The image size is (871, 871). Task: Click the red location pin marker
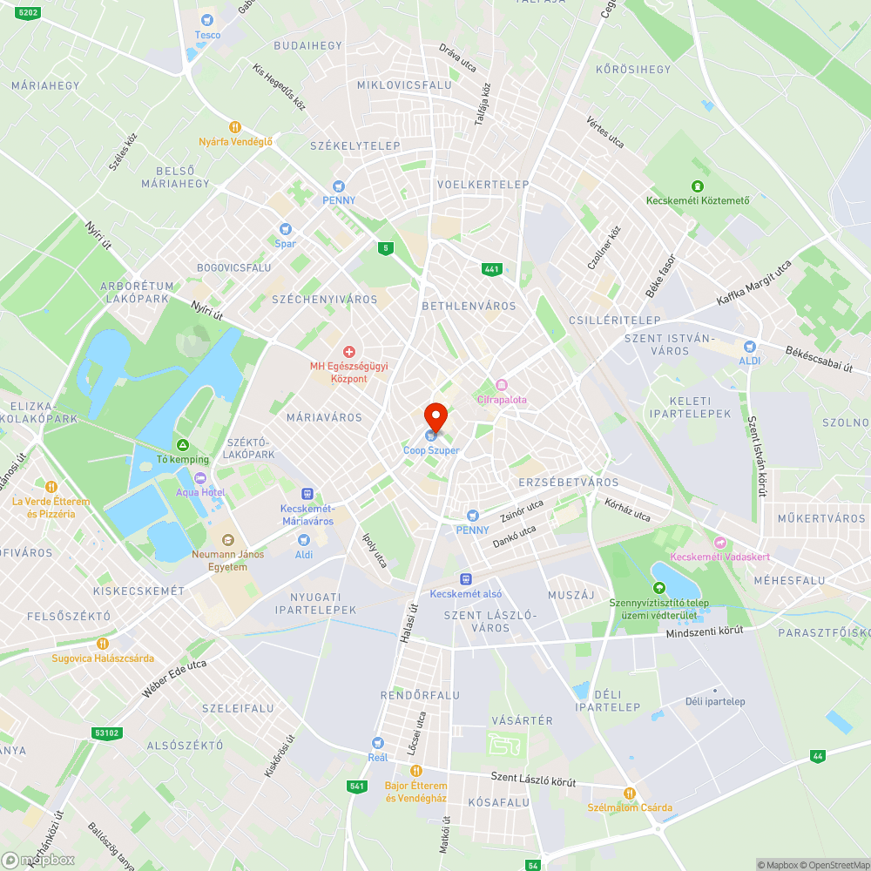tap(435, 416)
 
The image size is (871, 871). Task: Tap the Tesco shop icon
tap(207, 19)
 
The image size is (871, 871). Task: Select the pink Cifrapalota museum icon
tap(501, 385)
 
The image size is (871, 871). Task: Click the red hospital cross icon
tap(349, 352)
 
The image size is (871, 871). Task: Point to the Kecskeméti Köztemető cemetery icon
tap(697, 186)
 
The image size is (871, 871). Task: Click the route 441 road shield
tap(492, 269)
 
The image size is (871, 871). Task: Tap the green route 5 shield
tap(385, 248)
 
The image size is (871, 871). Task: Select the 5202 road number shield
tap(29, 12)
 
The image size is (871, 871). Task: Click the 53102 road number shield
tap(106, 733)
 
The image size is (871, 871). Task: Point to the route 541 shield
tap(356, 787)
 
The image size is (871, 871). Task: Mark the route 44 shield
tap(817, 756)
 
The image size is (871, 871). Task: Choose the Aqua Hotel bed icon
tap(200, 477)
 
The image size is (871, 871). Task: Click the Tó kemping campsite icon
tap(183, 445)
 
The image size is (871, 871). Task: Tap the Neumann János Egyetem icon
tap(227, 540)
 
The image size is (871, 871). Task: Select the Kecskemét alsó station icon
tap(466, 578)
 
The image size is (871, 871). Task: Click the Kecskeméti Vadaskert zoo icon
tap(719, 543)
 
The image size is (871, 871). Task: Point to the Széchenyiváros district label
tap(325, 300)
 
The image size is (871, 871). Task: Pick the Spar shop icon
tap(285, 229)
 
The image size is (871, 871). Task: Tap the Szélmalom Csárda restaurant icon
tap(629, 793)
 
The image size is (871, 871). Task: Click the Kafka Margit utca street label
tap(753, 283)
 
